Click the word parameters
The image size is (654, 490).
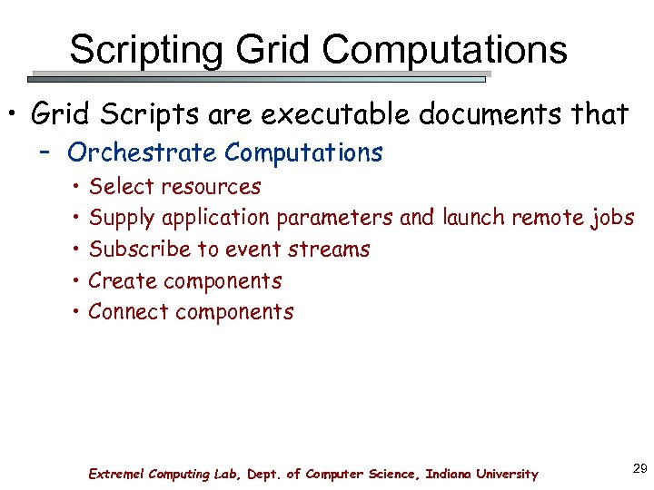[x=335, y=219]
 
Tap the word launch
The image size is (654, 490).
[x=474, y=218]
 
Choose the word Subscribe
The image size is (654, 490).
[x=139, y=250]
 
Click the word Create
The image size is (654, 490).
[x=120, y=281]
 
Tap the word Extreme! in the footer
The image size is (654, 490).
[x=115, y=474]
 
